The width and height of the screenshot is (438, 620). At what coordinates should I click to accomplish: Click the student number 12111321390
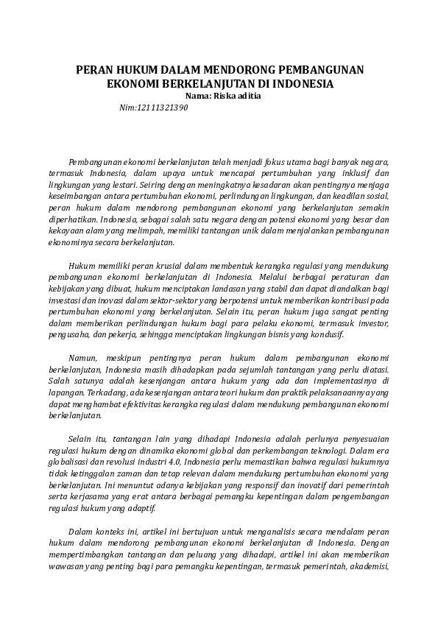click(x=163, y=108)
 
